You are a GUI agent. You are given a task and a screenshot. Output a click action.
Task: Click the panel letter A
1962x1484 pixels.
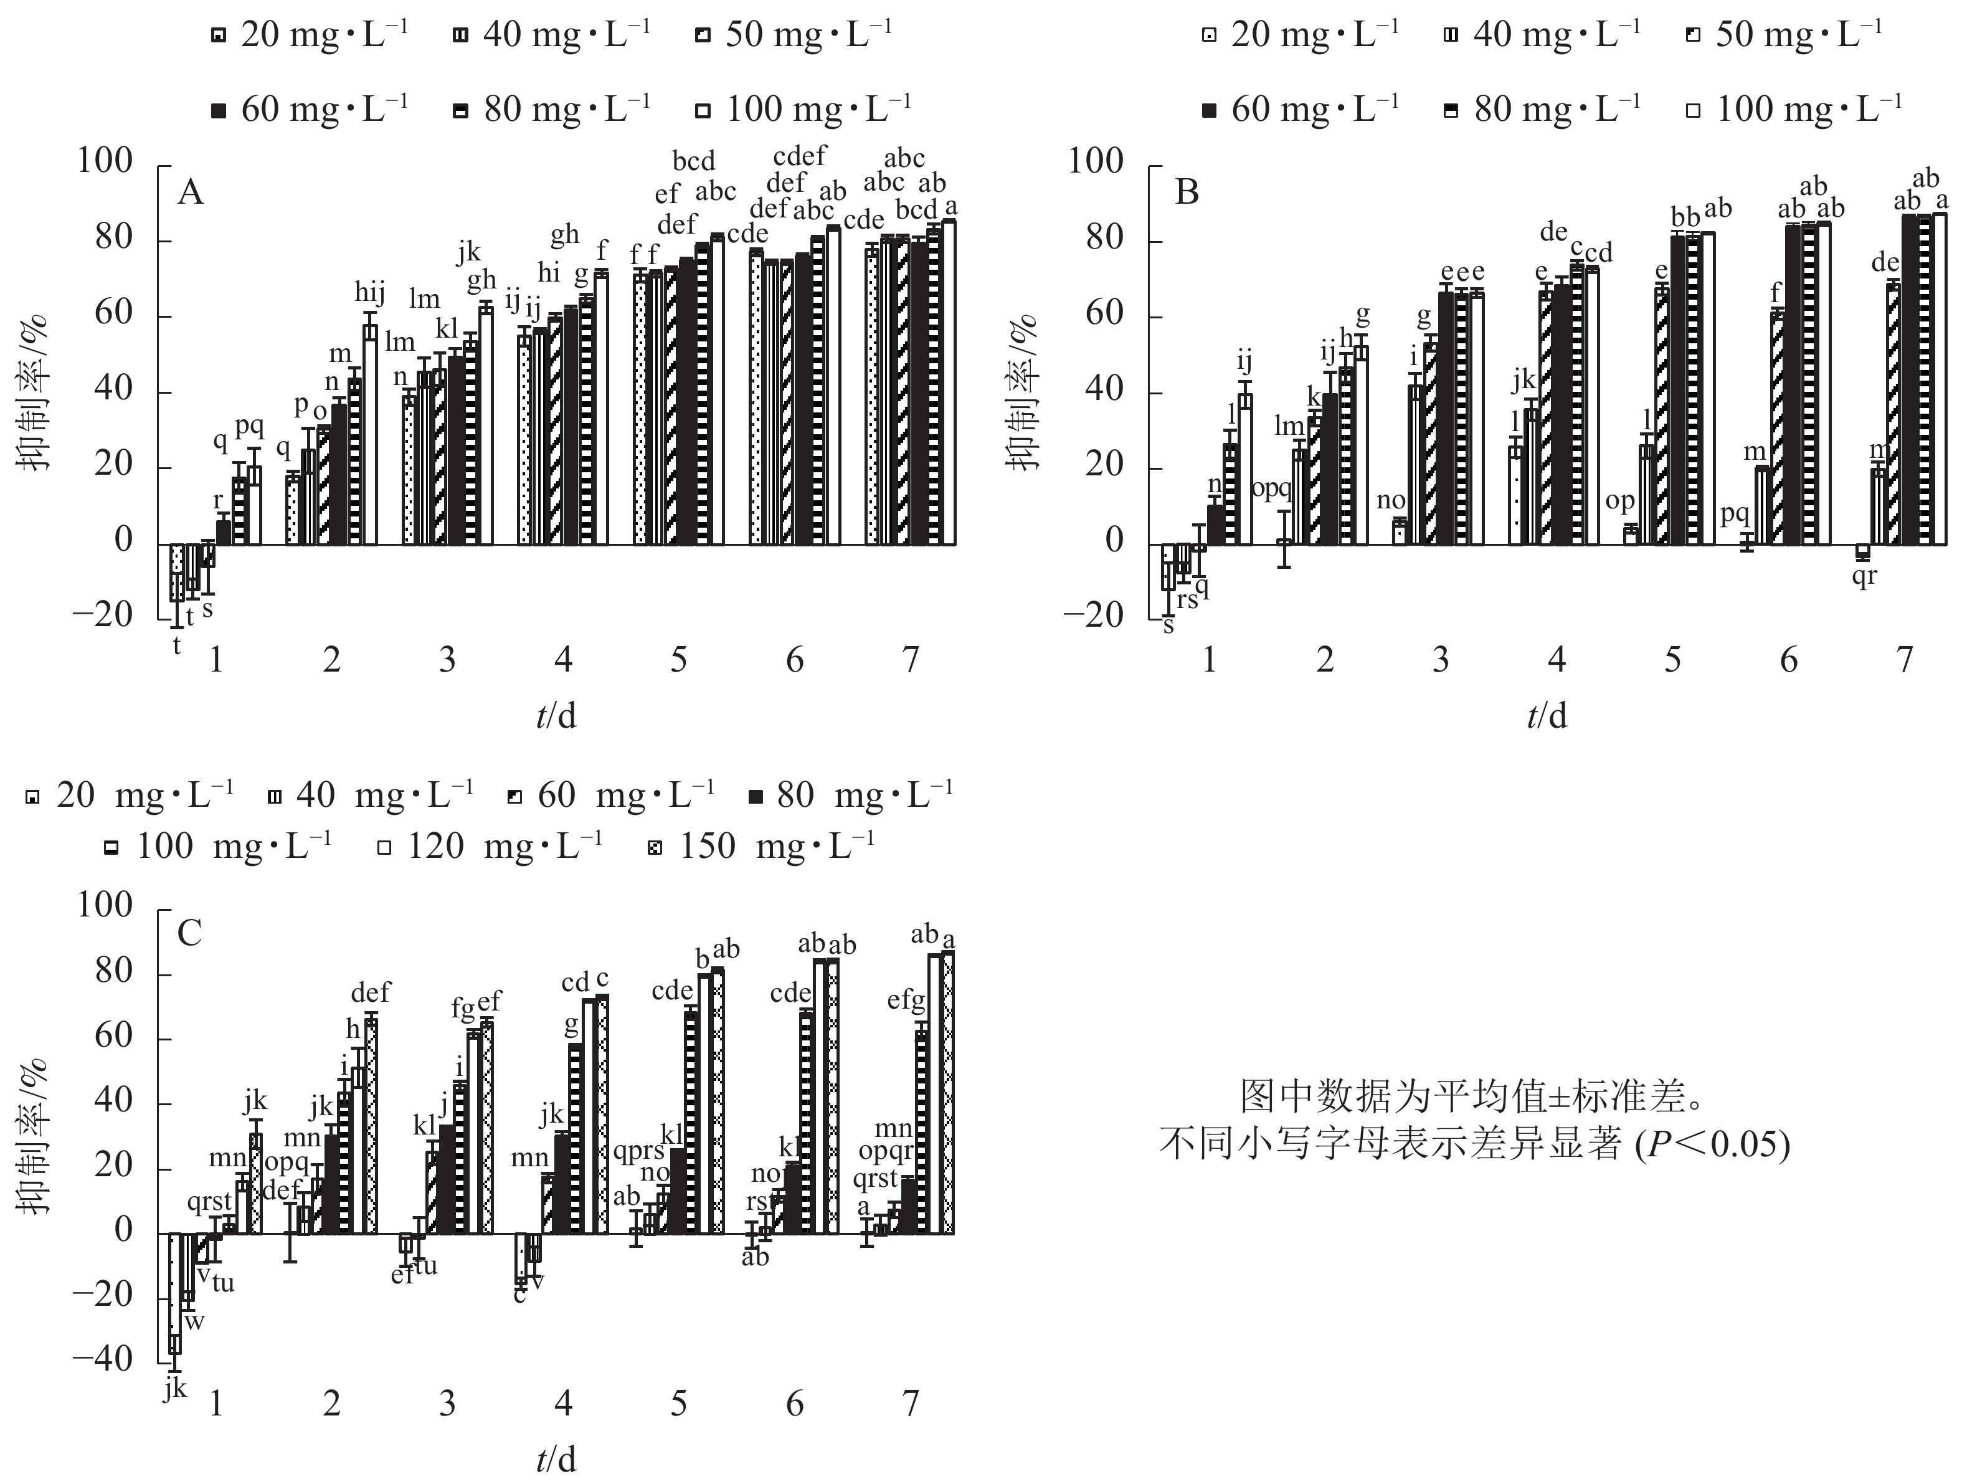point(191,192)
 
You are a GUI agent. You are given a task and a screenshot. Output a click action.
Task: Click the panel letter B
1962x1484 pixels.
point(1186,192)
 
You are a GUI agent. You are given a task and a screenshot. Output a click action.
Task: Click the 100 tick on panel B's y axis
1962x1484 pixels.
point(1096,161)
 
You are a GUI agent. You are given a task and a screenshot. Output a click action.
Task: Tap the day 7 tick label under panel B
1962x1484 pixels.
point(1903,660)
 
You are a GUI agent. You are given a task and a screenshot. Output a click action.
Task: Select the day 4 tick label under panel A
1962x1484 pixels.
point(563,660)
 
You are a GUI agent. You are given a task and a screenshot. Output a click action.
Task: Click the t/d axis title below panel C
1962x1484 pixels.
point(556,1458)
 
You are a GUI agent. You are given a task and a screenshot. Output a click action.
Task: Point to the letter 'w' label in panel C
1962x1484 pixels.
point(194,1321)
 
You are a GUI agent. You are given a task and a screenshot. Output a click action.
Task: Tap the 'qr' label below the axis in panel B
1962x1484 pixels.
point(1864,576)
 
